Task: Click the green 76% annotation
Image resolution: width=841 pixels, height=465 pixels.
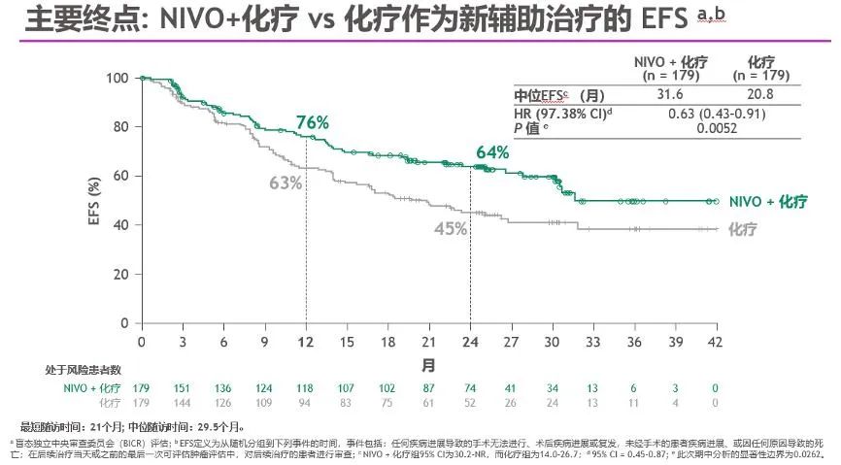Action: pos(313,122)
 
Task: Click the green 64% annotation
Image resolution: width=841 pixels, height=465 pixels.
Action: pos(492,152)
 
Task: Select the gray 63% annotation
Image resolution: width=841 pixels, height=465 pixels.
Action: pos(285,183)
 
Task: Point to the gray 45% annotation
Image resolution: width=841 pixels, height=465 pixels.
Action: pos(451,229)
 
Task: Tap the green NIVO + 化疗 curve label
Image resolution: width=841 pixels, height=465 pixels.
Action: pos(767,201)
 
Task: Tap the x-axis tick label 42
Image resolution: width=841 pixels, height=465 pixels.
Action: pos(716,343)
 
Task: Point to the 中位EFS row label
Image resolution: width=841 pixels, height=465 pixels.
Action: pos(546,96)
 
